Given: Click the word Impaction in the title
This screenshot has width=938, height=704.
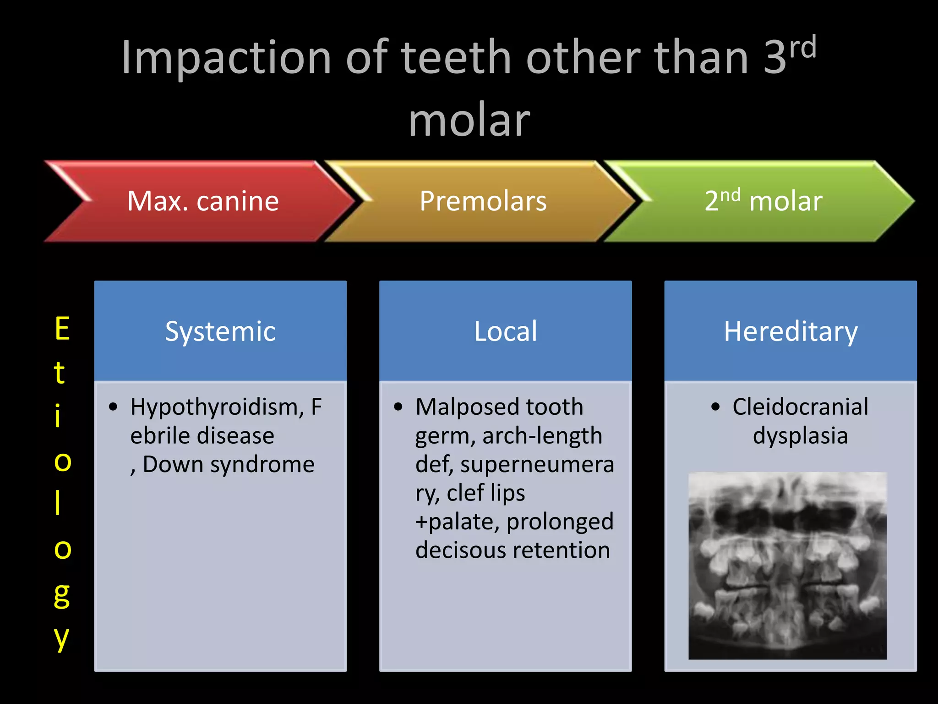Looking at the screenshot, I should pyautogui.click(x=226, y=58).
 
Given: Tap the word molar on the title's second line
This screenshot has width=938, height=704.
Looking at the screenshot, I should pyautogui.click(x=469, y=121).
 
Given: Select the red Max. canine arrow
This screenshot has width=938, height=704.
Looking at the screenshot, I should pyautogui.click(x=203, y=201).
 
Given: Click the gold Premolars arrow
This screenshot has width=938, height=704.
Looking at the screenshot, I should pyautogui.click(x=483, y=201).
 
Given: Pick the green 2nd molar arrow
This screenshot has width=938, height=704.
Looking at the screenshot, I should pyautogui.click(x=763, y=201).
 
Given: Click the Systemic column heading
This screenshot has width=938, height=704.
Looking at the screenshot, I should pyautogui.click(x=220, y=331).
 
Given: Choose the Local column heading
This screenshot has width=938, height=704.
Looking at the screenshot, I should pyautogui.click(x=505, y=331).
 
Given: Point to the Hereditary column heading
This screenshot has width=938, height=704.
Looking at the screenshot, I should pyautogui.click(x=791, y=331).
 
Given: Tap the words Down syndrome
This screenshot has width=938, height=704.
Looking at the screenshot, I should pyautogui.click(x=229, y=464).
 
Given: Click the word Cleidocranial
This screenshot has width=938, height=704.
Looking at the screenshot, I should pyautogui.click(x=800, y=407).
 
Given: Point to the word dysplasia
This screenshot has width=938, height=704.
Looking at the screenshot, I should pyautogui.click(x=800, y=435).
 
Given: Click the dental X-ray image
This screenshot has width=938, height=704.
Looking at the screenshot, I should pyautogui.click(x=787, y=566).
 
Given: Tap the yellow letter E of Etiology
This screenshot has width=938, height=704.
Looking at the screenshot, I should pyautogui.click(x=62, y=329).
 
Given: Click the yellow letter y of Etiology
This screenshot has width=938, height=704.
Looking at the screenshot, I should pyautogui.click(x=62, y=638).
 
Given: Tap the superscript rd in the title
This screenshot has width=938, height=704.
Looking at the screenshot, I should pyautogui.click(x=803, y=48).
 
